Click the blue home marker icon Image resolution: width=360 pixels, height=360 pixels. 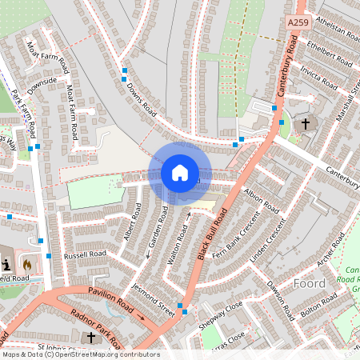(x=180, y=172)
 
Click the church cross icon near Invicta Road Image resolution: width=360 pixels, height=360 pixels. (x=305, y=124)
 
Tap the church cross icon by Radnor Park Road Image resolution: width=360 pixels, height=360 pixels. (x=90, y=338)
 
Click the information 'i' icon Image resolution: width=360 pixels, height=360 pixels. (x=7, y=263)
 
